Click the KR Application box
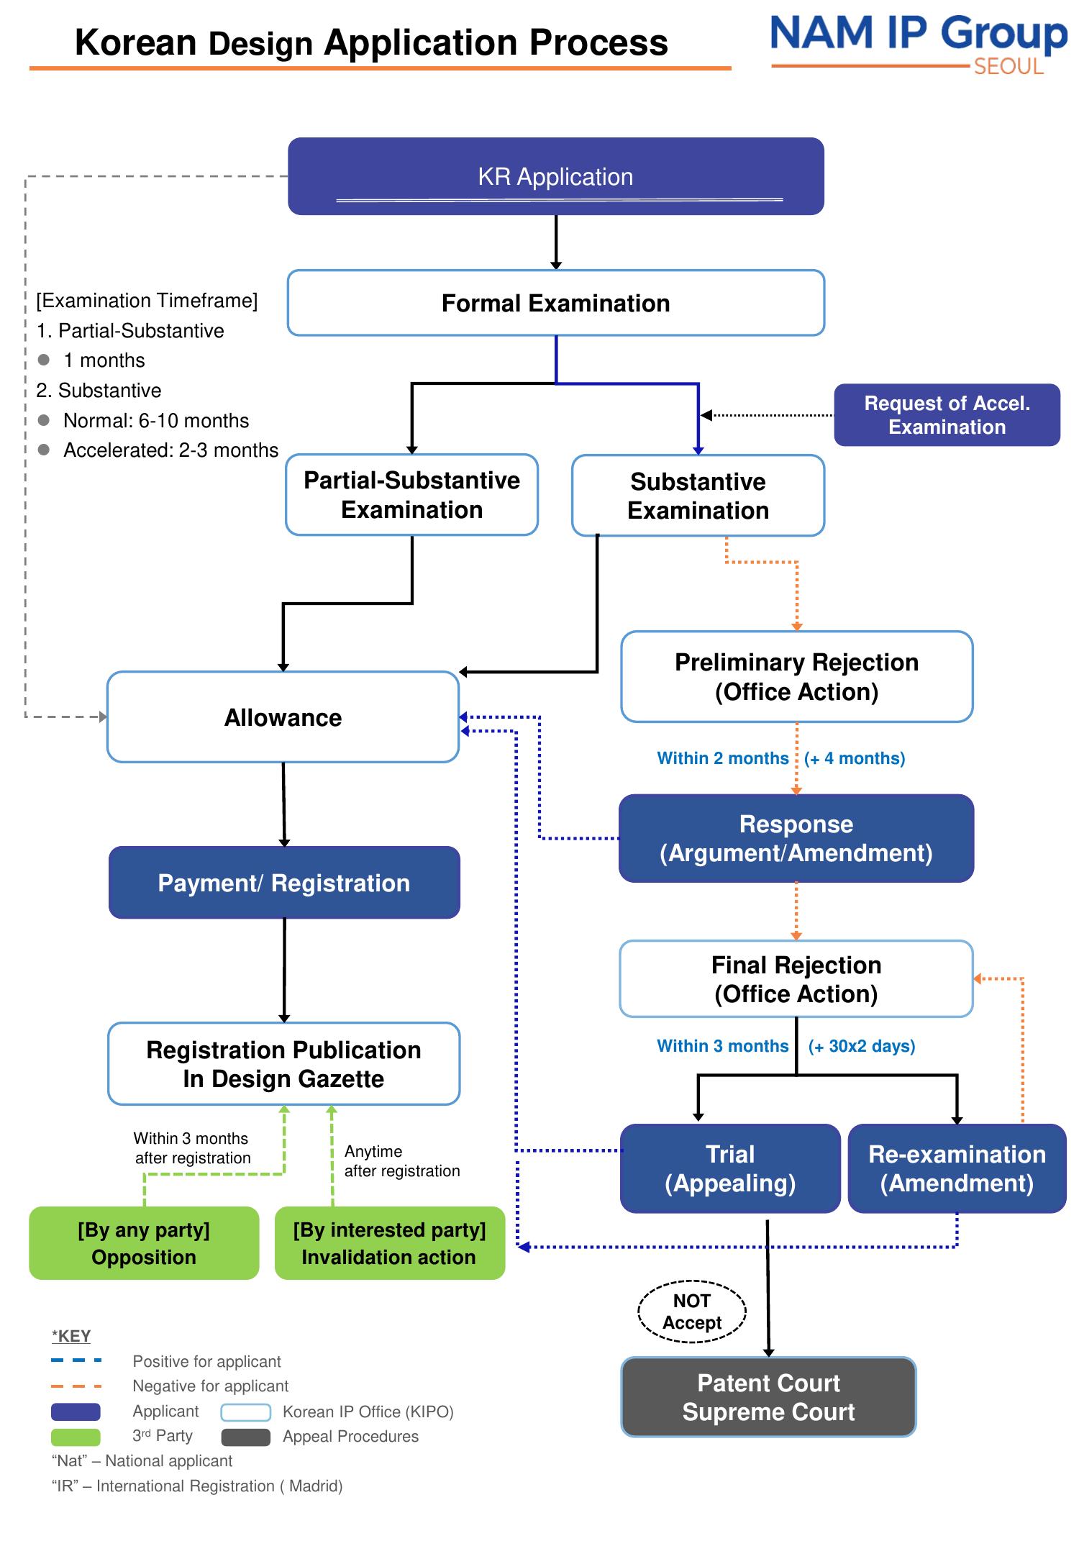(x=555, y=176)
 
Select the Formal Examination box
(x=555, y=303)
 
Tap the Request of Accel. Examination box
(x=947, y=415)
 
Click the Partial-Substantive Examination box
(x=411, y=495)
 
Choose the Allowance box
(x=283, y=717)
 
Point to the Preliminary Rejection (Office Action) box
(x=796, y=677)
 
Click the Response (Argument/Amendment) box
(x=796, y=839)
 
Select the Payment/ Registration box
(x=284, y=883)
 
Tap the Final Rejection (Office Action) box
(x=796, y=979)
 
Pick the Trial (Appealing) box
(x=730, y=1168)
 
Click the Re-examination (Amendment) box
(x=957, y=1168)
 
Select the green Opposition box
(x=144, y=1243)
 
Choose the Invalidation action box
(x=389, y=1243)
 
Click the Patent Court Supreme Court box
(x=768, y=1397)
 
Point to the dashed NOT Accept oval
(x=692, y=1312)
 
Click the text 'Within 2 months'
(x=723, y=758)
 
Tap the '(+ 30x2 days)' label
(x=861, y=1046)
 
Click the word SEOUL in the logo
(x=1009, y=67)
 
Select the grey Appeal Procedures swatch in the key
(x=246, y=1437)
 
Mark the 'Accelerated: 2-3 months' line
(x=170, y=450)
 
